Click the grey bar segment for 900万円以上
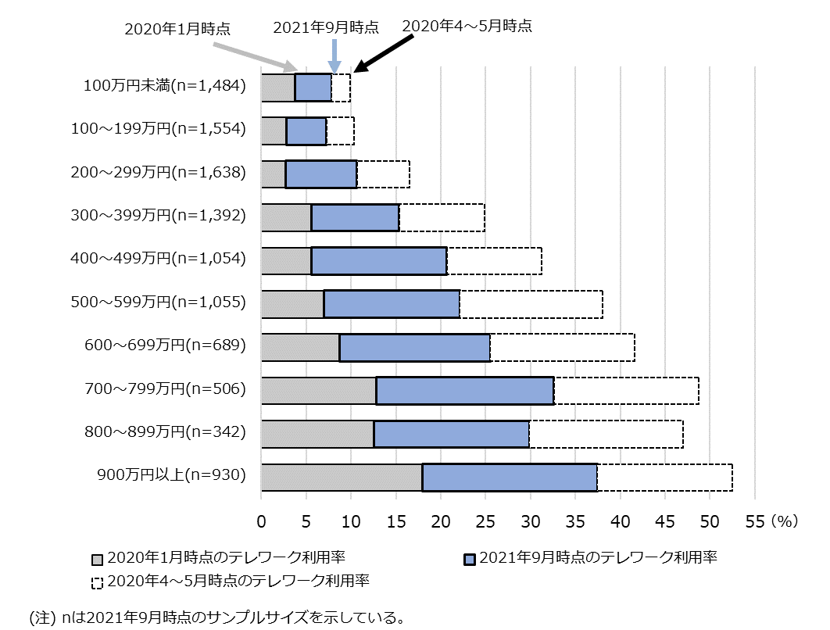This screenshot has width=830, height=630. [342, 477]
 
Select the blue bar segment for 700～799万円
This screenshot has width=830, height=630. [465, 391]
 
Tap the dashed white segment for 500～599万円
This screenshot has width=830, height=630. [531, 304]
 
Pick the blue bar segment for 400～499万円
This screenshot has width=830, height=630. [379, 261]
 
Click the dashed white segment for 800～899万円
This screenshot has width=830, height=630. [606, 434]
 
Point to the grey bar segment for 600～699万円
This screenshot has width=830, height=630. [300, 348]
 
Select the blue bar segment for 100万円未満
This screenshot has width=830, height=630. [313, 88]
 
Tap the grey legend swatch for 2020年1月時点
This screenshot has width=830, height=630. [98, 559]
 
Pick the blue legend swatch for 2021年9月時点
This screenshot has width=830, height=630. [470, 559]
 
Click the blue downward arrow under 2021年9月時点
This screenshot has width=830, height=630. [335, 57]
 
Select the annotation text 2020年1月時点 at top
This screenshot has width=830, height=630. [178, 29]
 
